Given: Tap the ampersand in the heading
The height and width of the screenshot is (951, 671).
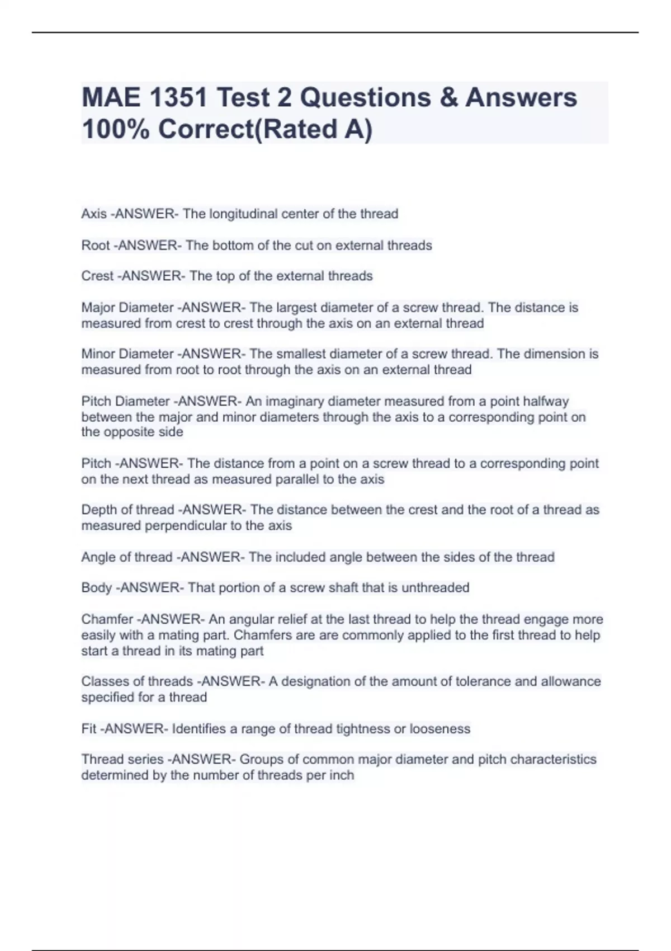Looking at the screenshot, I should (x=448, y=97).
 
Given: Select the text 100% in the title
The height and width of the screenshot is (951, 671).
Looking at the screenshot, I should (x=115, y=129).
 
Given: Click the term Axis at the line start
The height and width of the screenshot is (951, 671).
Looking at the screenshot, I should (x=93, y=214).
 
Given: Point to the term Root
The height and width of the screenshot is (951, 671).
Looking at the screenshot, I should (x=96, y=245).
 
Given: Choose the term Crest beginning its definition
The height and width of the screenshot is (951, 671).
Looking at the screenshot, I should (x=97, y=276).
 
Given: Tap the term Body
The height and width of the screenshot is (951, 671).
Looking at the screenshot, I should (x=96, y=587).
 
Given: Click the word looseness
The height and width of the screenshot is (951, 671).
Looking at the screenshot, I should (x=440, y=728).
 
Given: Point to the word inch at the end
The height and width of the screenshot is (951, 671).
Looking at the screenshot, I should (x=341, y=775).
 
